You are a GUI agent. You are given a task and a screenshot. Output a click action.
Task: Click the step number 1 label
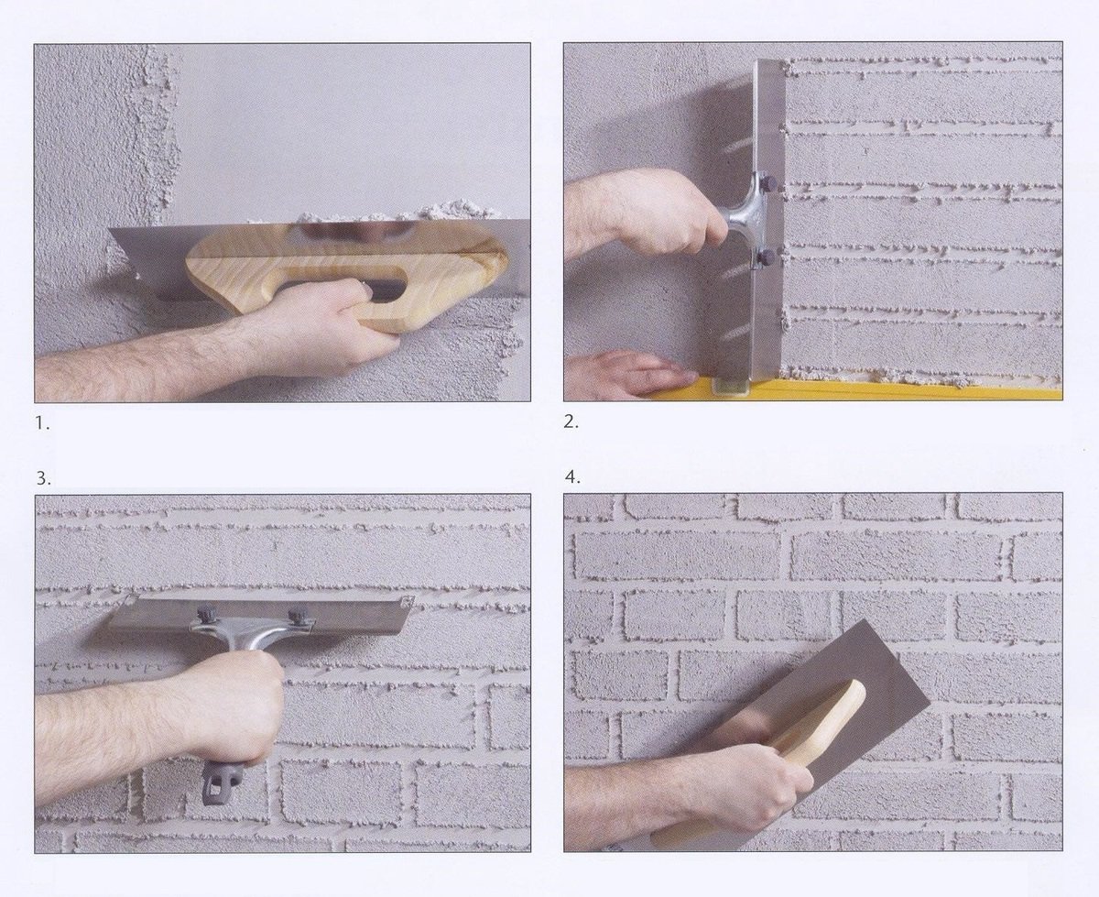(x=42, y=423)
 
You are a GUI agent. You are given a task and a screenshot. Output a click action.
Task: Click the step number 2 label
(x=571, y=421)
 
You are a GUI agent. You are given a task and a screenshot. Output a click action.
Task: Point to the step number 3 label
(x=44, y=478)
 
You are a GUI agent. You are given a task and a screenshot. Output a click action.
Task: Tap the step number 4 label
(x=572, y=477)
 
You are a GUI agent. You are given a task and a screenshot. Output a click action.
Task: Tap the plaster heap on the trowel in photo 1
(x=407, y=214)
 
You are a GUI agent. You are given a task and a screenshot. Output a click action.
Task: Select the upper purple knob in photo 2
(x=768, y=183)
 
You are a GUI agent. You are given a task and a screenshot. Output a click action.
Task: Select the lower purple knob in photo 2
(x=767, y=258)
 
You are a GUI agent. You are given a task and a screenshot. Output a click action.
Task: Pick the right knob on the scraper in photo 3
(x=298, y=615)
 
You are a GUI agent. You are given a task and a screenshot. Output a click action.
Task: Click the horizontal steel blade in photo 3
(x=259, y=615)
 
